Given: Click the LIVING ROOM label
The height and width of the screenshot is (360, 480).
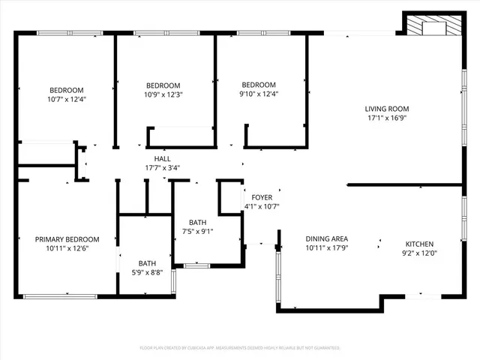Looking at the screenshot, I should [387, 108].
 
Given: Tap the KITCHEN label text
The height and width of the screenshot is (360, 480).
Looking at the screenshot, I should [419, 244].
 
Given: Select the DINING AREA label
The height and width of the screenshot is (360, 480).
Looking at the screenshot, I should [326, 238].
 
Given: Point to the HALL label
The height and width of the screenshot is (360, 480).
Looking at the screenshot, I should [161, 158].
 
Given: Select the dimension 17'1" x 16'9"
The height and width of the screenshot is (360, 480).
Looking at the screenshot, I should [387, 118].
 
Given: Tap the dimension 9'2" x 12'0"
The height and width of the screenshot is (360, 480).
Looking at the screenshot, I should [419, 254].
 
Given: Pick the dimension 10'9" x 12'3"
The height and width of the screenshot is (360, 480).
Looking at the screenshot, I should [163, 94].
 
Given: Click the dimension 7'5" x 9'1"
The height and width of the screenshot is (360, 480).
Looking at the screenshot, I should [198, 232].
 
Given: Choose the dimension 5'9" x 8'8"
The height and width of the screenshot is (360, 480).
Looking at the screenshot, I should [147, 273].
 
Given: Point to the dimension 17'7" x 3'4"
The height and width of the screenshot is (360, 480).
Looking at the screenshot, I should [161, 168].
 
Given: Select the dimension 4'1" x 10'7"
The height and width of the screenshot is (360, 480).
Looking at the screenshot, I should [261, 206].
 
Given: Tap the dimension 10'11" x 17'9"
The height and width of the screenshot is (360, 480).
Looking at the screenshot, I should [326, 248].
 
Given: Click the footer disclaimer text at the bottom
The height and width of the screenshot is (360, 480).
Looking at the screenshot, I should [240, 348].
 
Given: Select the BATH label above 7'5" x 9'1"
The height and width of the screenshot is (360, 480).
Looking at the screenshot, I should [198, 222].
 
